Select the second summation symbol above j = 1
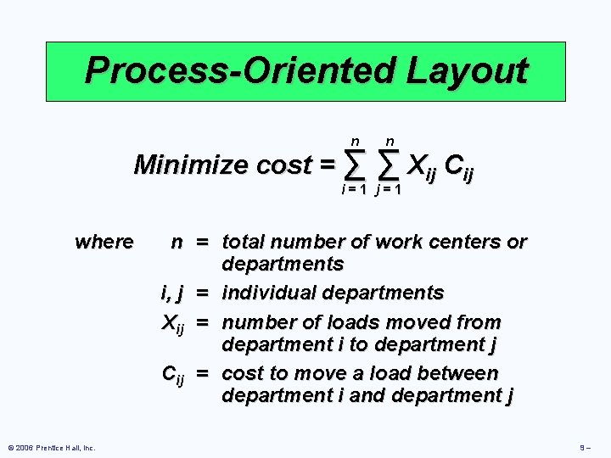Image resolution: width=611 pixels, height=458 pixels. click(389, 162)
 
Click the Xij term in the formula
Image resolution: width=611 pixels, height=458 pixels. click(423, 164)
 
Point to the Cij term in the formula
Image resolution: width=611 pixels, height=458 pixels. click(459, 164)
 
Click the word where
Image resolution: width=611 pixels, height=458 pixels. click(104, 243)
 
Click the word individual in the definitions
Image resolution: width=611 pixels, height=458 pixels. click(270, 293)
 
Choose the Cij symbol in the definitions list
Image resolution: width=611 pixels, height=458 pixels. click(173, 375)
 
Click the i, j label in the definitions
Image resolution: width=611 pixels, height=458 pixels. click(173, 293)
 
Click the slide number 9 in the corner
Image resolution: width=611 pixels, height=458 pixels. click(586, 447)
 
